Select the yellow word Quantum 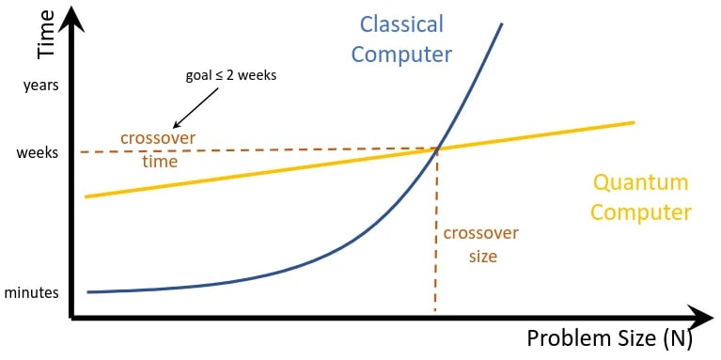(639, 182)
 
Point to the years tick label (39, 86)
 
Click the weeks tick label (37, 153)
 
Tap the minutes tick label (31, 293)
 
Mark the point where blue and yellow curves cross (438, 148)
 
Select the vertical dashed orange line (436, 235)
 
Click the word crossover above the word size (480, 233)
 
